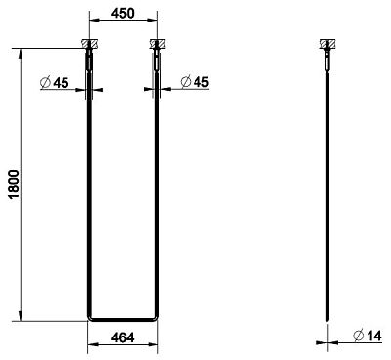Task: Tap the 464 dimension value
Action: pos(121,337)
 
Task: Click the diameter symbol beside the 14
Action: pos(358,337)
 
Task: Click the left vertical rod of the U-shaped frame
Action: pos(89,196)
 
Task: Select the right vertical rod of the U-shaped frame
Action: pos(154,196)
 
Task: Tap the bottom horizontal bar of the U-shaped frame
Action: pos(121,319)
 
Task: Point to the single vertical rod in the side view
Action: pos(326,196)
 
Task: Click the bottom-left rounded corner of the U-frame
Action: pos(91,317)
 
